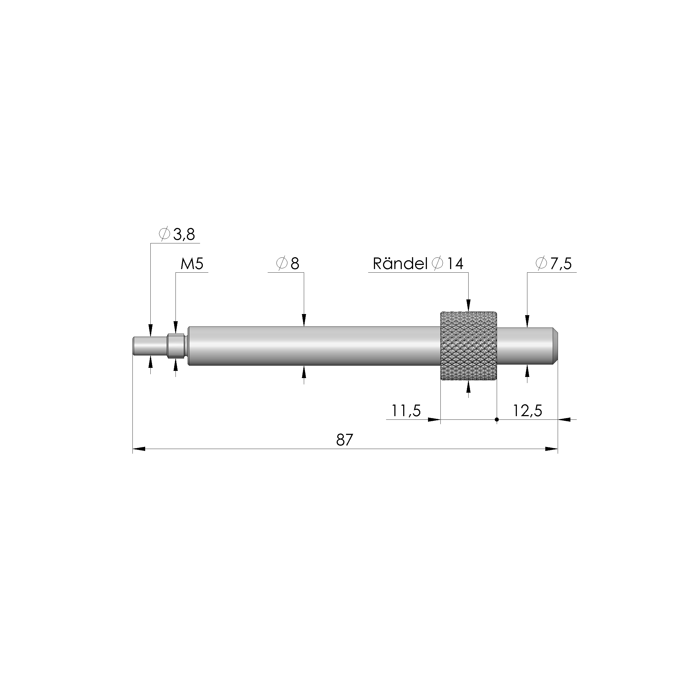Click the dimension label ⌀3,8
177,235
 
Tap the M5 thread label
192,264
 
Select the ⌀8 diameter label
288,264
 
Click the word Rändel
400,264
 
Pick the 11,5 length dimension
406,411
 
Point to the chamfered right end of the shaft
556,346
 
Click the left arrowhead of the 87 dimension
139,449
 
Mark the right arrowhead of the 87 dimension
551,449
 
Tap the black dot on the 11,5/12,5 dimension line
496,419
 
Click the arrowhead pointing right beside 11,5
434,419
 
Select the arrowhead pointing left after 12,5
564,419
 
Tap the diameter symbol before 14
437,264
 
